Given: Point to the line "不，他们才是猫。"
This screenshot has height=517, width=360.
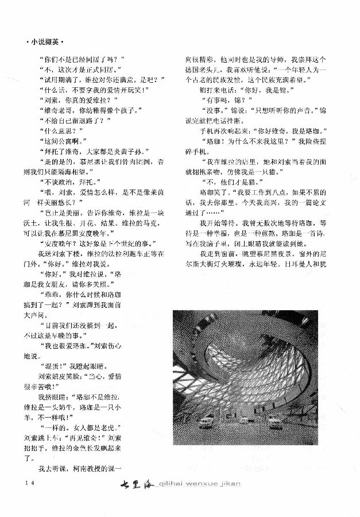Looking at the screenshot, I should pos(230,183).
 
